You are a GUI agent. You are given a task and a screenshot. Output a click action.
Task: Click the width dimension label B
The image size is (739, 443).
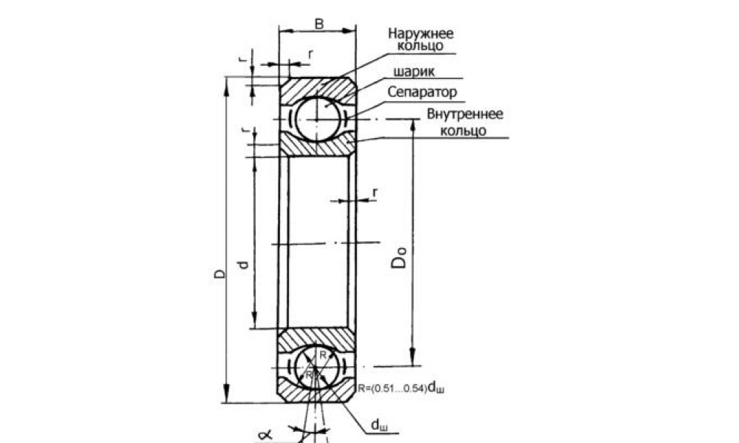[x=319, y=23]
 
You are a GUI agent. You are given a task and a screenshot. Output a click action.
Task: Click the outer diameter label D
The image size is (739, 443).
[x=219, y=274]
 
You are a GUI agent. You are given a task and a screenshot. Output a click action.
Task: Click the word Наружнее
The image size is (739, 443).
[x=419, y=33]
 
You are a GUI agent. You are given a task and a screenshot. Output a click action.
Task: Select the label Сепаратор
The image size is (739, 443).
[x=422, y=93]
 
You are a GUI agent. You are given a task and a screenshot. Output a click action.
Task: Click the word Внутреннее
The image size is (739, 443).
[x=465, y=115]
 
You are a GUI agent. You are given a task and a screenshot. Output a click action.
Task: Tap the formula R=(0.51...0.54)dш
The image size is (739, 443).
[x=403, y=387]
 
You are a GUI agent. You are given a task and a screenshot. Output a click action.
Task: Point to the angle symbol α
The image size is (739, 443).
[x=269, y=436]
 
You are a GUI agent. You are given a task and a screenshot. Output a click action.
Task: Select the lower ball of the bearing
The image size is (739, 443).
[x=317, y=366]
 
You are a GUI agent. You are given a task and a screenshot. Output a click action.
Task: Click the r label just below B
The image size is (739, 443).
[x=310, y=54]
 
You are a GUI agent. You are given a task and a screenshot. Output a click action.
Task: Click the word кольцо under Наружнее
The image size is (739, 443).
[x=419, y=46]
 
